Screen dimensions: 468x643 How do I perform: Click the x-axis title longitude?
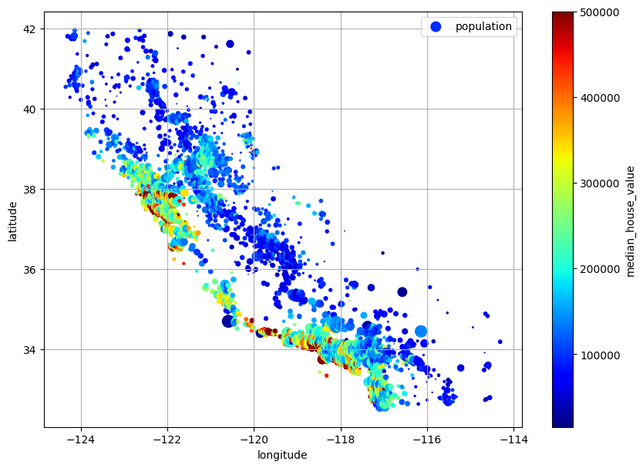282,455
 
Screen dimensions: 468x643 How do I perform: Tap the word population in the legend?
483,27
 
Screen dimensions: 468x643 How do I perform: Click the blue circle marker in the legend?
436,27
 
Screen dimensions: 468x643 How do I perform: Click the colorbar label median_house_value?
630,221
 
